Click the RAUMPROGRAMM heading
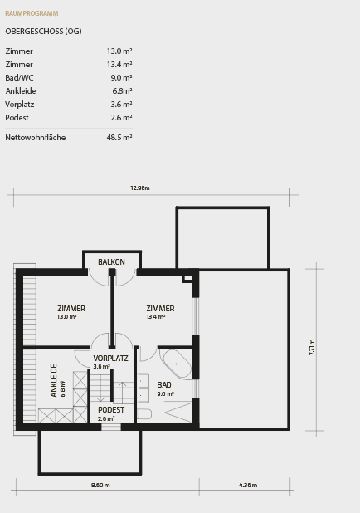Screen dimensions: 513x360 32,14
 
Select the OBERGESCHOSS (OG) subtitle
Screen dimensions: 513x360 43,32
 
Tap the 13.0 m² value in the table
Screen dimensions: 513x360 119,51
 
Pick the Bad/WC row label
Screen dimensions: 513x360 20,78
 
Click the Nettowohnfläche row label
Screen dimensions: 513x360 36,138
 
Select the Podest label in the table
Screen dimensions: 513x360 17,118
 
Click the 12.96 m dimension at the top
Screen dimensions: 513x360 139,188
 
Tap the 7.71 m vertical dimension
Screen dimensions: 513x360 312,347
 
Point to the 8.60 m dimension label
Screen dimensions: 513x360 100,486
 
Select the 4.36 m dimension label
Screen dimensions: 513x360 247,486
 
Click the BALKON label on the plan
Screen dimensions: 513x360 111,262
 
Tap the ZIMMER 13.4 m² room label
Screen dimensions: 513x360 160,312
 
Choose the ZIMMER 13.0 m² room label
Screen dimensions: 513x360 71,312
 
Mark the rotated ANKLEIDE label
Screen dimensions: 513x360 55,380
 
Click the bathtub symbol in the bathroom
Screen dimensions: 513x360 177,364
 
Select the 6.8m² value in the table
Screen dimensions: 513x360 122,91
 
